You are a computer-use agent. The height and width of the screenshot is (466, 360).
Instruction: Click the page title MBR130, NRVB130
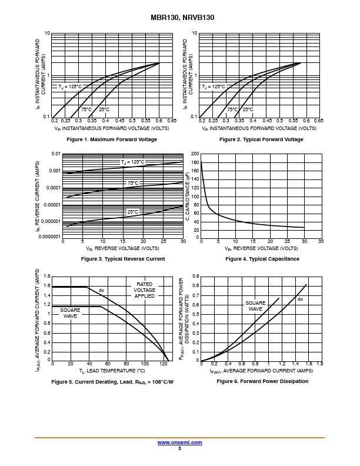(x=180, y=18)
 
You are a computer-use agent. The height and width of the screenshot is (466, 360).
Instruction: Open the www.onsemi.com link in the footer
(x=180, y=442)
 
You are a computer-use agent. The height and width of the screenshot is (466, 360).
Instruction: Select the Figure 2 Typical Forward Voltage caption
(x=261, y=139)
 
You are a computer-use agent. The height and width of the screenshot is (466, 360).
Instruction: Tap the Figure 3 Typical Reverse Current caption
(x=123, y=259)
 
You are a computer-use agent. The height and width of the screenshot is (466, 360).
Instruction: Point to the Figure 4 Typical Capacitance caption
(x=262, y=259)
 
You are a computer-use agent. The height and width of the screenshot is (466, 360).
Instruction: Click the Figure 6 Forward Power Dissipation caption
(x=262, y=381)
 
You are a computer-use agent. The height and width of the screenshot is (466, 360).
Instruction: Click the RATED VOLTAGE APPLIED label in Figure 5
(x=145, y=290)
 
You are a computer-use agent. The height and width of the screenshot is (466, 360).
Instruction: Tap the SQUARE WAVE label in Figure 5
(x=71, y=312)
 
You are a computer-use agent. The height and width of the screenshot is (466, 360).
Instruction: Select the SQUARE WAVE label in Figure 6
(x=255, y=306)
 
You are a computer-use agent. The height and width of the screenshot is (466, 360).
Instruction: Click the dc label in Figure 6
(x=300, y=299)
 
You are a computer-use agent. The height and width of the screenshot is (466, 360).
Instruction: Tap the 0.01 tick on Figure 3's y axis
(x=56, y=154)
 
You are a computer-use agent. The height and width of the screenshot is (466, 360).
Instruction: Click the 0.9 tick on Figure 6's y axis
(x=196, y=275)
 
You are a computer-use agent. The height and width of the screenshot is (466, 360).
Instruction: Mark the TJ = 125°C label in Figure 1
(x=70, y=86)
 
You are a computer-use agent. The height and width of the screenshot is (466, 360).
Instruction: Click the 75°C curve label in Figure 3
(x=133, y=184)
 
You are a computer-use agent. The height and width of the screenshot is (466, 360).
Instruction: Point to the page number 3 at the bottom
(x=179, y=448)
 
